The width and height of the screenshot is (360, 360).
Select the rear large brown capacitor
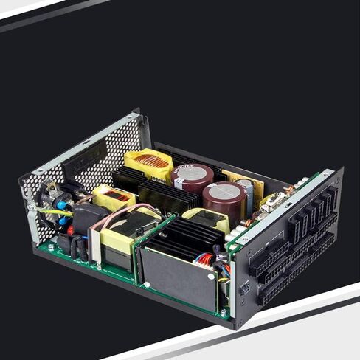pyautogui.click(x=193, y=176)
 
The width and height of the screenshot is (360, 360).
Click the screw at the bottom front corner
pyautogui.click(x=224, y=314)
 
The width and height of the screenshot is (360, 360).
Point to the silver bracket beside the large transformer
pyautogui.click(x=95, y=247)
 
